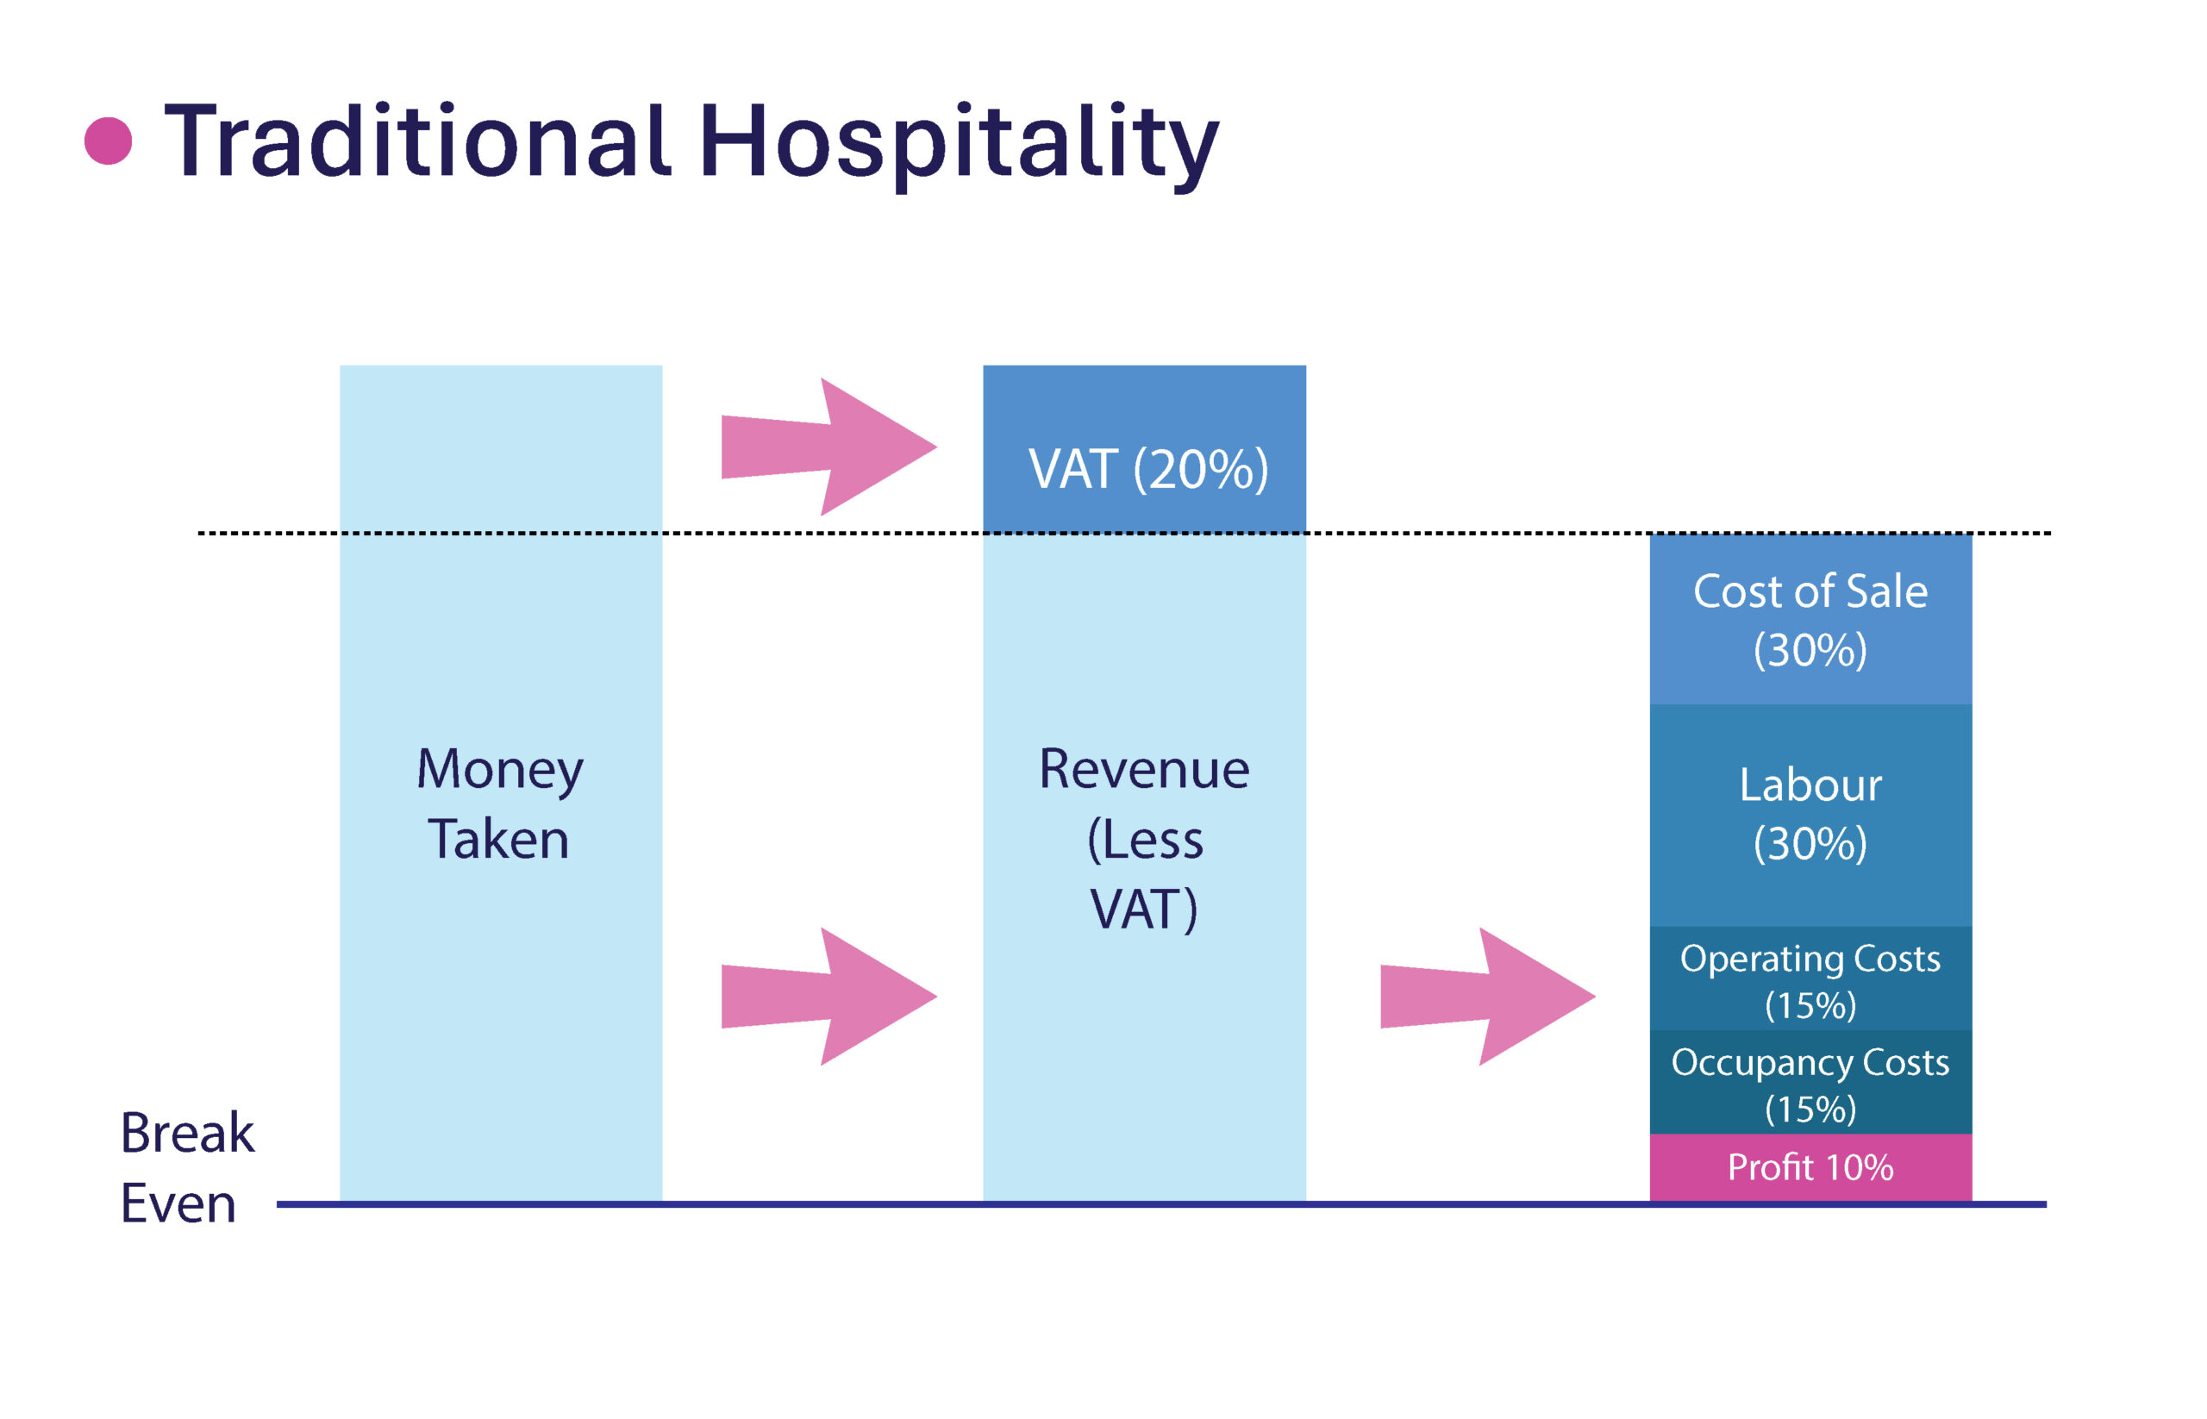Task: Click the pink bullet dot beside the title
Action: pyautogui.click(x=108, y=141)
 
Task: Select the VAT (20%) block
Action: pyautogui.click(x=1143, y=449)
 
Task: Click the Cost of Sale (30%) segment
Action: pyautogui.click(x=1810, y=618)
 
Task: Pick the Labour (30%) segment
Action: pyautogui.click(x=1810, y=815)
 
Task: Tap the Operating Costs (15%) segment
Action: pyautogui.click(x=1810, y=978)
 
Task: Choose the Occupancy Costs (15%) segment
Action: pyautogui.click(x=1810, y=1082)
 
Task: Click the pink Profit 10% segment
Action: pyautogui.click(x=1810, y=1167)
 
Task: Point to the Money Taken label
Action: pyautogui.click(x=499, y=803)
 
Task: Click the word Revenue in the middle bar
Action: pyautogui.click(x=1143, y=768)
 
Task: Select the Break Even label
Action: pyautogui.click(x=187, y=1167)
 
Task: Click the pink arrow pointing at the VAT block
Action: pyautogui.click(x=828, y=447)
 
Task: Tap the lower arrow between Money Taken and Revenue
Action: pyautogui.click(x=828, y=996)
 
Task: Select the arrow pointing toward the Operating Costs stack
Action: pyautogui.click(x=1487, y=996)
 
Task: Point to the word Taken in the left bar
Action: pyautogui.click(x=498, y=840)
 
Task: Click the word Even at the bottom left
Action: pyautogui.click(x=178, y=1203)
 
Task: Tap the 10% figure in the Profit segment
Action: pyautogui.click(x=1859, y=1167)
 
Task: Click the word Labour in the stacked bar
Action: pyautogui.click(x=1810, y=785)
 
